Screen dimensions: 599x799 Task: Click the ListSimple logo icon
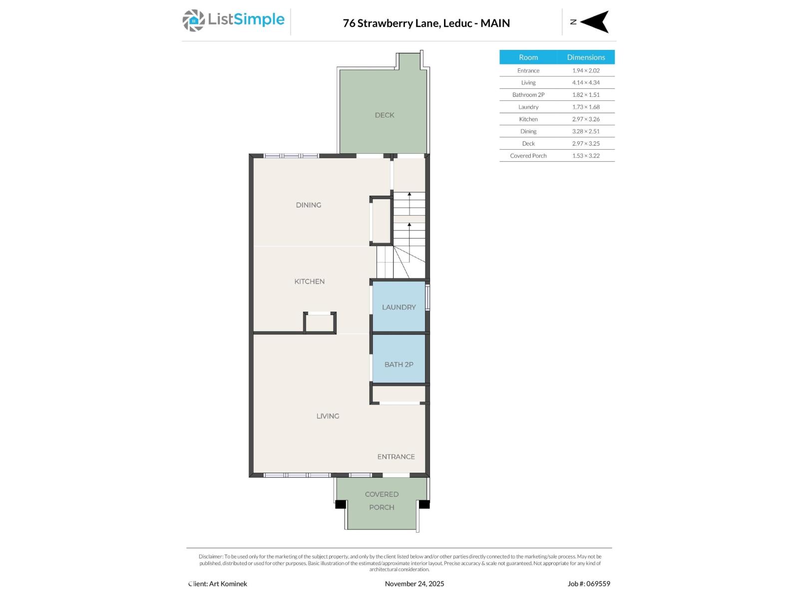tap(193, 20)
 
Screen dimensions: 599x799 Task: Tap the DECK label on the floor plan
tap(385, 115)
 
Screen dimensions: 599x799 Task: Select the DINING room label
tap(308, 205)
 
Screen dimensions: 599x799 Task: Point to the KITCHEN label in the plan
tap(309, 282)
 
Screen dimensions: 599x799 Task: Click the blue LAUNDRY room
tap(399, 307)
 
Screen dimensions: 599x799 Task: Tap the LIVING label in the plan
tap(328, 416)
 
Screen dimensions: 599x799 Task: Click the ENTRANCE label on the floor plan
tap(396, 457)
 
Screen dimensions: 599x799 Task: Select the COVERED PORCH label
tap(382, 501)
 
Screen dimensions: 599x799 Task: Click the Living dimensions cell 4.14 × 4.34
tap(586, 83)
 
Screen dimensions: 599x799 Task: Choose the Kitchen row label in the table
tap(528, 119)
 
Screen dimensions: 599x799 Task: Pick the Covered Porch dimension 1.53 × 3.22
tap(586, 156)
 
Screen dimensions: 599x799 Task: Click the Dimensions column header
tap(586, 57)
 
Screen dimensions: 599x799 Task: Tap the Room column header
tap(528, 57)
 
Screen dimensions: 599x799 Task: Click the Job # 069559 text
tap(589, 584)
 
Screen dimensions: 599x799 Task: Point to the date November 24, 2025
tap(414, 584)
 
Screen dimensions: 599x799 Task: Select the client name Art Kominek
tap(218, 584)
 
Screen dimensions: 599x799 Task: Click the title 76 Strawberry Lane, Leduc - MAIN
tap(426, 23)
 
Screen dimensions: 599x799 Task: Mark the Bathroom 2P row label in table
tap(528, 95)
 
